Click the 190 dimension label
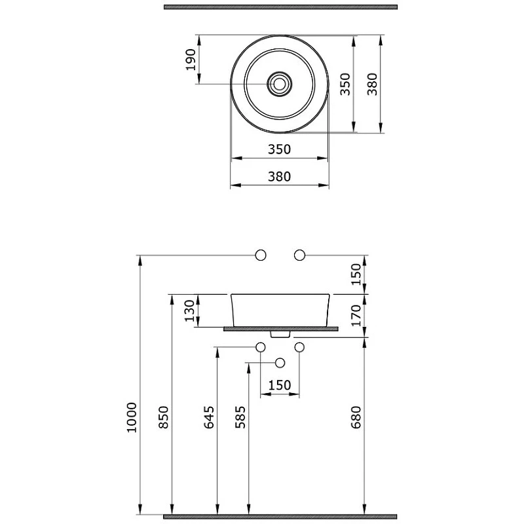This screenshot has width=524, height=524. tap(191, 60)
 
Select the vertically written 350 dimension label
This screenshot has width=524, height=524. tap(345, 84)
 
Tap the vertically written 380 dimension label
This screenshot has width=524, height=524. tap(372, 84)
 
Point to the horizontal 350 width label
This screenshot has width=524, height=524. tap(280, 149)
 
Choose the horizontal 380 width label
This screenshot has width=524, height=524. tap(280, 176)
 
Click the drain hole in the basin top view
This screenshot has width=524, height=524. tap(280, 84)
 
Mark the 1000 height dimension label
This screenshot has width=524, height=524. tap(132, 418)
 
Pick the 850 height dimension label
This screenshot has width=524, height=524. tap(164, 417)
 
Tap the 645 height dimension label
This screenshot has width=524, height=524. tap(209, 417)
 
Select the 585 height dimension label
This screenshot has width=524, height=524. tap(240, 417)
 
